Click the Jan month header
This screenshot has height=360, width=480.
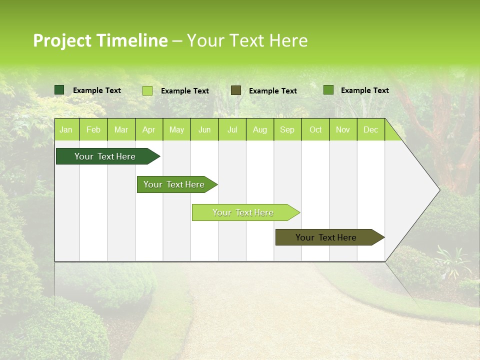(66, 130)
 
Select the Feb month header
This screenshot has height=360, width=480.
(93, 130)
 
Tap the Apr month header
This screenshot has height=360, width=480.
(148, 130)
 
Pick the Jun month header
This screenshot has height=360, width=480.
(204, 130)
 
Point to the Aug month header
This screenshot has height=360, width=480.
(259, 130)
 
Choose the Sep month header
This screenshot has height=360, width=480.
(287, 130)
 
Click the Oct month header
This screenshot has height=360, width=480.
(315, 130)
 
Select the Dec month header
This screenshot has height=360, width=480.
(370, 130)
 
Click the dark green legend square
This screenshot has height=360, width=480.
(59, 90)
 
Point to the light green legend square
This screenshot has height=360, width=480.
(147, 90)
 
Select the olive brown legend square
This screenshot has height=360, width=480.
(236, 90)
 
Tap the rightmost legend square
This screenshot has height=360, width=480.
(328, 90)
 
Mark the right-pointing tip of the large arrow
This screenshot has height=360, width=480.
(438, 190)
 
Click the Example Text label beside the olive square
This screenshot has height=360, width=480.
(272, 91)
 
